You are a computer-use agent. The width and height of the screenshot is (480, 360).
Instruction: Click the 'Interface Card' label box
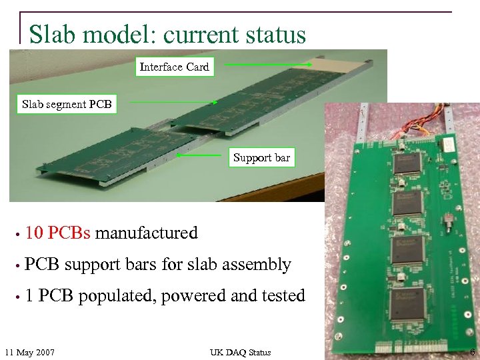[174, 67]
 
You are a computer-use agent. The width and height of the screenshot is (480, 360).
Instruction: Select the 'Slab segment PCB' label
[67, 104]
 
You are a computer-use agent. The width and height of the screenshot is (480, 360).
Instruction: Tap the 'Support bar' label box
[261, 158]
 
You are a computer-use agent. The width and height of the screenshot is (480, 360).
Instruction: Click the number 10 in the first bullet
[34, 233]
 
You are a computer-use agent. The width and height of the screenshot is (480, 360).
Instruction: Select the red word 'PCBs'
[69, 233]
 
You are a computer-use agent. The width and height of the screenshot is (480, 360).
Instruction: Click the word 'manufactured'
[147, 233]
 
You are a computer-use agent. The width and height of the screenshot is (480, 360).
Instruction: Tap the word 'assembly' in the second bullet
[257, 265]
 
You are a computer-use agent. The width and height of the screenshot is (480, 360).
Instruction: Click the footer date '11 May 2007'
[30, 352]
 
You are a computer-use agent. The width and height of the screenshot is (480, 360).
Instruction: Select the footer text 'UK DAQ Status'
[240, 352]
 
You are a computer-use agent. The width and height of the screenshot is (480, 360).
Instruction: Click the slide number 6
[472, 352]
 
